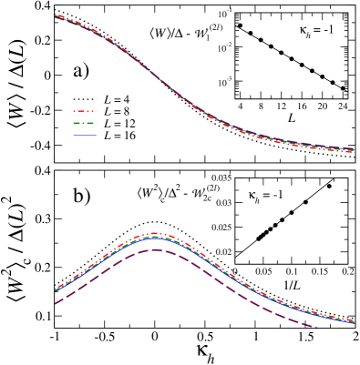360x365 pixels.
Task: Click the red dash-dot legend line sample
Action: point(85,111)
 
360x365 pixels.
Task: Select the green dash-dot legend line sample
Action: point(85,123)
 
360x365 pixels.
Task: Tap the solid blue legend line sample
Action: point(85,135)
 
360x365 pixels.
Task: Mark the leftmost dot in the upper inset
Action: point(240,25)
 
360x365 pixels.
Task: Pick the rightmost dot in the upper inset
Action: point(343,88)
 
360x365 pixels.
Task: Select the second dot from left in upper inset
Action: point(251,33)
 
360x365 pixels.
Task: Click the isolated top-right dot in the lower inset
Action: point(329,186)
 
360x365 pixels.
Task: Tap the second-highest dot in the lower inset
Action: point(305,202)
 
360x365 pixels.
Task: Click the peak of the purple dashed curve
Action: point(155,249)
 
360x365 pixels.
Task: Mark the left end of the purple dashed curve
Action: point(56,303)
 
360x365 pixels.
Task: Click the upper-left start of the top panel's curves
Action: point(56,15)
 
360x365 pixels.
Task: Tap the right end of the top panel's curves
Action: point(353,149)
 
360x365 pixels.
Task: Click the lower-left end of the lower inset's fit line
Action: point(236,254)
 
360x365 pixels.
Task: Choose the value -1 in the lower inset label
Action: point(276,196)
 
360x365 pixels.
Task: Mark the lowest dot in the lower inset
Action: point(259,238)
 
